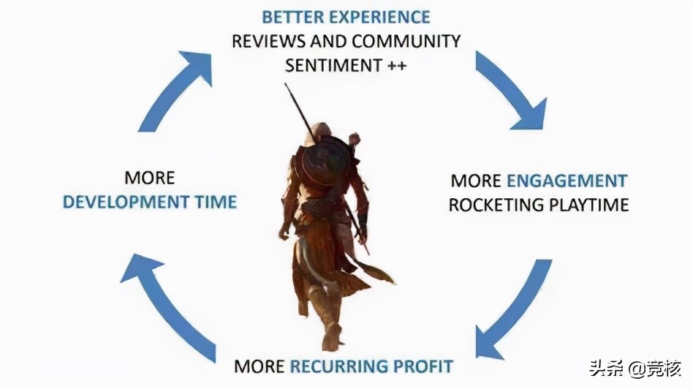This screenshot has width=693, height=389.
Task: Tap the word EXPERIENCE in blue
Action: point(379,18)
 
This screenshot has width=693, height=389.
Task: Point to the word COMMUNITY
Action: point(406,41)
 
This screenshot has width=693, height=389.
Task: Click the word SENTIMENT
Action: point(333,65)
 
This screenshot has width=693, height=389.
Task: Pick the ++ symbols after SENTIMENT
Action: point(397,65)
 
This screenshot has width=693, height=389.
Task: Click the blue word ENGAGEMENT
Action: point(567,181)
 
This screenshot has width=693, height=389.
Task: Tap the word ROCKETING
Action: point(496,205)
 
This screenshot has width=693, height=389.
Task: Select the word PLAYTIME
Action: point(588,205)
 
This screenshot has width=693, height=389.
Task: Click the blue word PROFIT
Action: point(423,366)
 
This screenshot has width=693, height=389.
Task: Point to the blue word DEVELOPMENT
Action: point(126,202)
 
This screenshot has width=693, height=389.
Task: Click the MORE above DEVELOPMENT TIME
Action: point(150,178)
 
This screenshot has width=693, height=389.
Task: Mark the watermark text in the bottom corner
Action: point(635,369)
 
